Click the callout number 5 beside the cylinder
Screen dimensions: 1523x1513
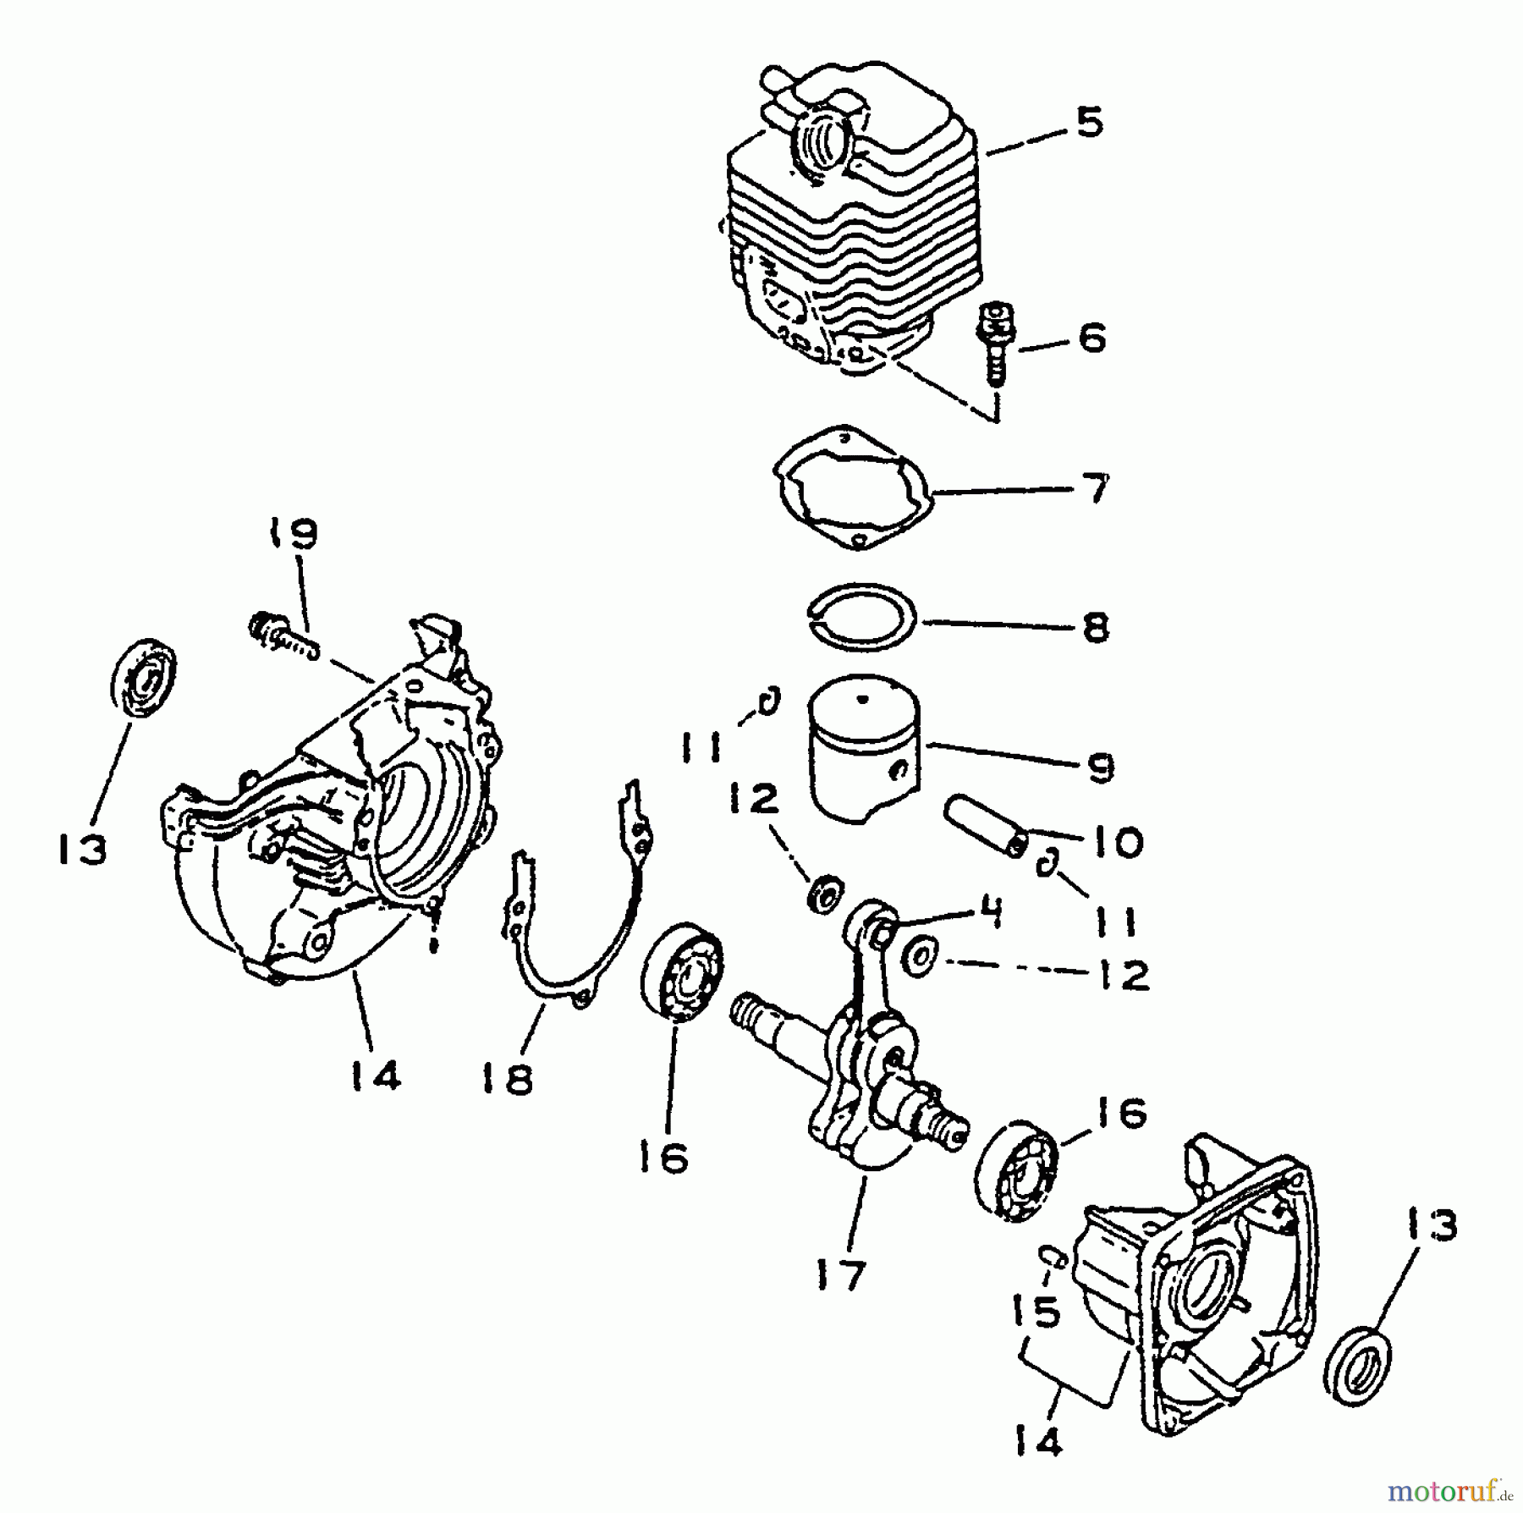coord(1090,124)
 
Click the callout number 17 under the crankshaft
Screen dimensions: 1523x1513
coord(843,1274)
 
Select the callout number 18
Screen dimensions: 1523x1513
coord(508,1079)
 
